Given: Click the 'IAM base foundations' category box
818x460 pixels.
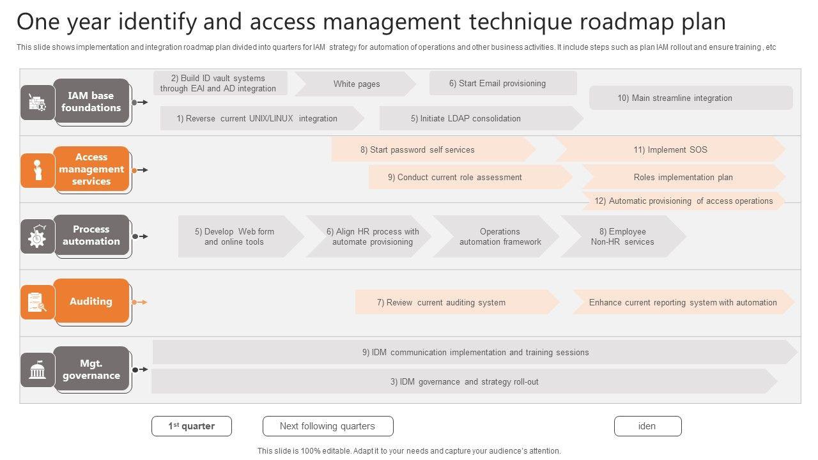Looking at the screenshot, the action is pyautogui.click(x=91, y=102).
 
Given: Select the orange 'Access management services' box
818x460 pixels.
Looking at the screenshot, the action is pyautogui.click(x=91, y=169).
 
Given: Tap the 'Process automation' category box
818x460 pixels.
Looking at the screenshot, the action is pyautogui.click(x=91, y=235).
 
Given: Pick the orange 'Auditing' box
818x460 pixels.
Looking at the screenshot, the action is pyautogui.click(x=91, y=301).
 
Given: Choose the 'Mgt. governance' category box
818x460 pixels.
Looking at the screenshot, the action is pyautogui.click(x=91, y=369).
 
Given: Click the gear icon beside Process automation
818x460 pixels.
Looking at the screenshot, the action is pyautogui.click(x=37, y=237).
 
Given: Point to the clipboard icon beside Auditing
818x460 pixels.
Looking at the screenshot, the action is pyautogui.click(x=37, y=302).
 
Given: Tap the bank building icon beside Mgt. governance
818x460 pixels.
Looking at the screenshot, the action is pyautogui.click(x=37, y=370).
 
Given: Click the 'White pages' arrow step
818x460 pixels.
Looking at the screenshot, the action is pyautogui.click(x=355, y=84).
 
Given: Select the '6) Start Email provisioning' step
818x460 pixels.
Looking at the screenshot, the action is pyautogui.click(x=502, y=83).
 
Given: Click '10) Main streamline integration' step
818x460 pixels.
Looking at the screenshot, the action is pyautogui.click(x=690, y=98).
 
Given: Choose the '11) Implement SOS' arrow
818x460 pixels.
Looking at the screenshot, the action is pyautogui.click(x=670, y=149).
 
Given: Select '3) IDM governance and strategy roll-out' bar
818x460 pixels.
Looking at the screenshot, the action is pyautogui.click(x=464, y=381).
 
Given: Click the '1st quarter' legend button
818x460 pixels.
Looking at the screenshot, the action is pyautogui.click(x=192, y=426).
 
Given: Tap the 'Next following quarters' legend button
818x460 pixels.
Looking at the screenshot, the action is pyautogui.click(x=328, y=426).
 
